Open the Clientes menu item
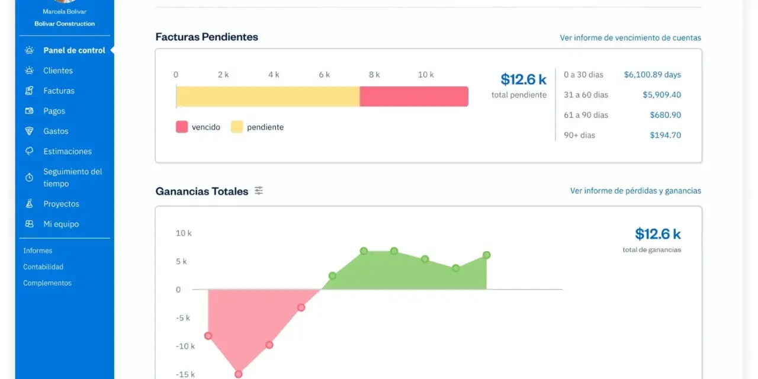(x=58, y=70)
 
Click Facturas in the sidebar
(x=59, y=91)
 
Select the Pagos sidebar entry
(x=54, y=111)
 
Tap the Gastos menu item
(x=56, y=131)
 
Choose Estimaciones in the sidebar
(x=68, y=151)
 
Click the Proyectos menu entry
(x=61, y=204)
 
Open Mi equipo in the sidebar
(x=61, y=224)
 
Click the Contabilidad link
(x=43, y=266)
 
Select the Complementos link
(x=47, y=283)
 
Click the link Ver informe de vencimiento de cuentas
(x=631, y=37)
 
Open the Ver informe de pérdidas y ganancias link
(x=635, y=191)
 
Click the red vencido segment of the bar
(x=414, y=97)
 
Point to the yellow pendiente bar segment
(x=268, y=97)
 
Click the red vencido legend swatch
(x=182, y=127)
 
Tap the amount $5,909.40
(x=662, y=95)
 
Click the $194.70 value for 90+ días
(x=665, y=135)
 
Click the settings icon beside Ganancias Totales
(x=259, y=191)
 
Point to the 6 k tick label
(x=324, y=75)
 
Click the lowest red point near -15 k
(x=238, y=374)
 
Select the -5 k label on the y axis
(x=183, y=318)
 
